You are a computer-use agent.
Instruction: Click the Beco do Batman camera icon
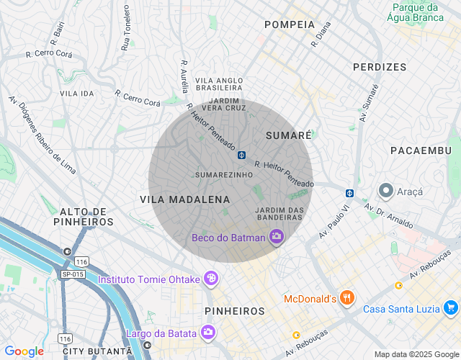pos(276,237)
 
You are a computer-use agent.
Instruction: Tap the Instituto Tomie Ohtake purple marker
pos(210,278)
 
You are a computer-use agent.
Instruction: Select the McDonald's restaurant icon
pos(347,297)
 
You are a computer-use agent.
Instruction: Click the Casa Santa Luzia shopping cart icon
pos(451,308)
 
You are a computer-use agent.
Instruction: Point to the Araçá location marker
pos(385,191)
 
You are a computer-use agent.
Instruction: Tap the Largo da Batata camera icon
pos(207,332)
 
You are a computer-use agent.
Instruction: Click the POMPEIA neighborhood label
pos(290,24)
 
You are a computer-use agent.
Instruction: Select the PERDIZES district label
pos(380,67)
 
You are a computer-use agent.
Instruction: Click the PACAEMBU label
pos(420,150)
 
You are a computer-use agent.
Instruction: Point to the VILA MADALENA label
pos(185,199)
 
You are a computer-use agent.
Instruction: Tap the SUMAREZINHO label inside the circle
pos(224,175)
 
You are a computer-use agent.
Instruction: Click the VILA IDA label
pos(77,94)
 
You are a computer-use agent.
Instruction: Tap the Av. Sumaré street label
pos(367,103)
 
